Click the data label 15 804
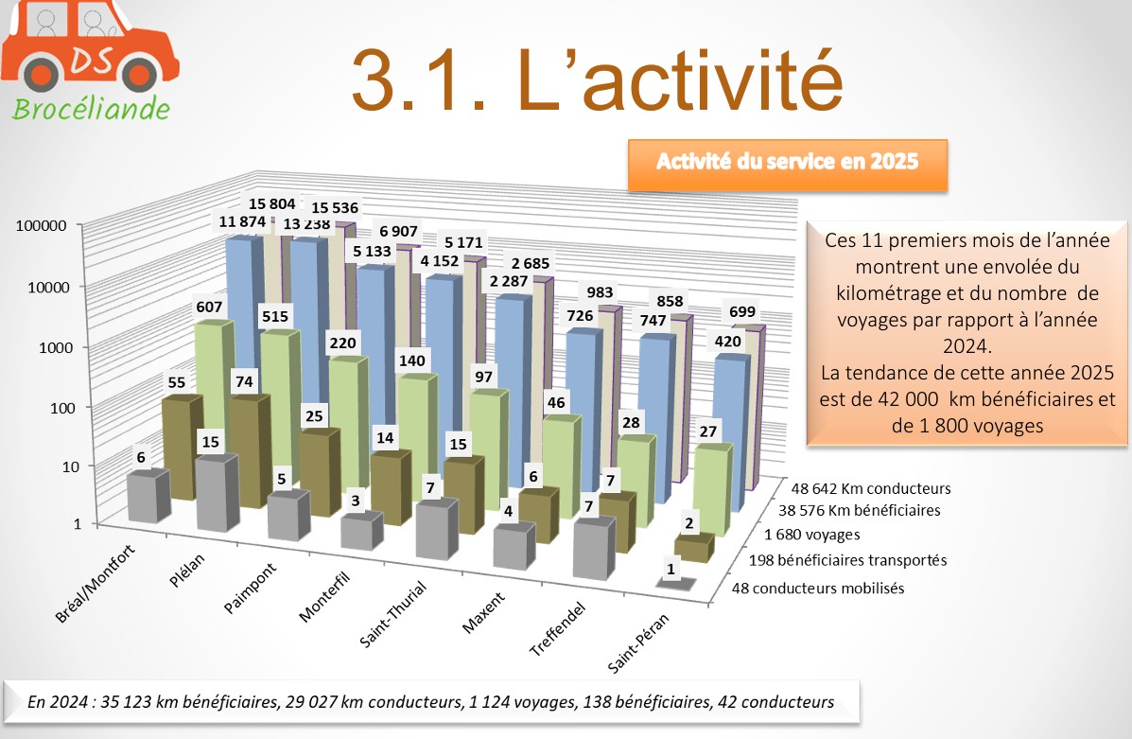point(272,203)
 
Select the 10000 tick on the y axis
point(40,287)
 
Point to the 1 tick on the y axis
point(63,524)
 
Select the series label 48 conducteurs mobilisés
point(819,588)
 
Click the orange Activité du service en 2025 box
point(787,163)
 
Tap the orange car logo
point(90,47)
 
